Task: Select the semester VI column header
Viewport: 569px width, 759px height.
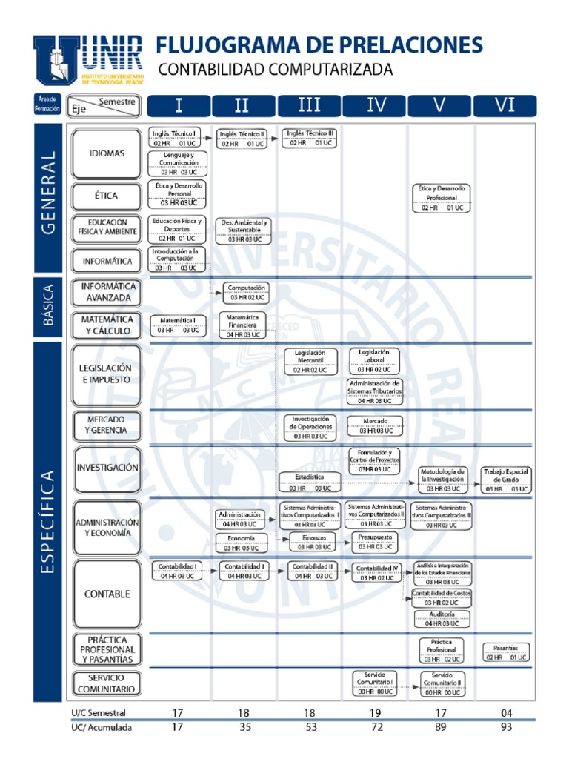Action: tap(505, 105)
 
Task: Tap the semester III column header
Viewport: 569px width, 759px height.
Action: tap(309, 105)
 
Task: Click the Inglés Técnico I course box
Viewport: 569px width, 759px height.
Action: tap(176, 138)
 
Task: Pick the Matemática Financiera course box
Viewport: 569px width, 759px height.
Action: tap(243, 325)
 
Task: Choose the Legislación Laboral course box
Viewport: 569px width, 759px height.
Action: tap(374, 360)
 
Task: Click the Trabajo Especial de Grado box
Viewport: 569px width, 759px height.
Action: tap(506, 480)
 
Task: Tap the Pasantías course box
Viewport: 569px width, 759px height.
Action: tap(506, 652)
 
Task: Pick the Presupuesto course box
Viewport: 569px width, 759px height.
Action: tap(374, 542)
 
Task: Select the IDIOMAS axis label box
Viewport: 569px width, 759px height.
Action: tap(107, 153)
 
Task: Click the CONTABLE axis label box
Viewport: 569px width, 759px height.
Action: tap(107, 594)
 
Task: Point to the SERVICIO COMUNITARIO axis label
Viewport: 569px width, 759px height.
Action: tap(107, 683)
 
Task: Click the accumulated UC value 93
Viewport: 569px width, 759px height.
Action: tap(506, 727)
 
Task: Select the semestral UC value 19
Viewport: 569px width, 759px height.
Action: tap(376, 713)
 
